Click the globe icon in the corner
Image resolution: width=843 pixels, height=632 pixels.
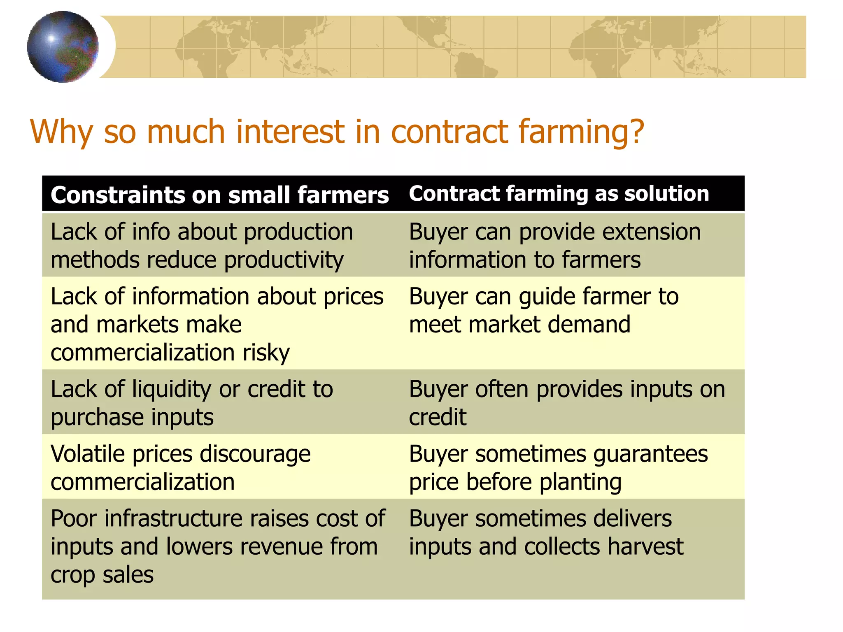tap(63, 46)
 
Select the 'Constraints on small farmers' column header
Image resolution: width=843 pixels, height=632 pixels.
tap(219, 195)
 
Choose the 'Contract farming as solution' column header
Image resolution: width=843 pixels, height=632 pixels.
tap(559, 193)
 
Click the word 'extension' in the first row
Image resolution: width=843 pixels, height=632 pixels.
tap(652, 232)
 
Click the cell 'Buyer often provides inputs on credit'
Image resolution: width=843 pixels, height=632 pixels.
tap(566, 403)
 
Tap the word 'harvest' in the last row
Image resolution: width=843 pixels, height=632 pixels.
tap(645, 547)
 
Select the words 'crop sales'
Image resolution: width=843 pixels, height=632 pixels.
tap(102, 575)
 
